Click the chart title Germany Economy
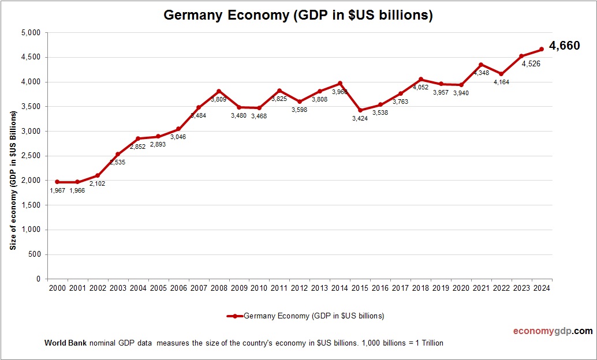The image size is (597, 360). [x=298, y=16]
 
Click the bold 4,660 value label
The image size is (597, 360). [x=564, y=46]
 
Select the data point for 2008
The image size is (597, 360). [x=219, y=91]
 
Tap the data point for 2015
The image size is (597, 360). [x=360, y=110]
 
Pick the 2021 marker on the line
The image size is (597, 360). [x=481, y=65]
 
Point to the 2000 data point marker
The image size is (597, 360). [x=57, y=182]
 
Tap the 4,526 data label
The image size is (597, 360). [x=531, y=64]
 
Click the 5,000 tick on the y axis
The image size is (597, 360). [x=31, y=33]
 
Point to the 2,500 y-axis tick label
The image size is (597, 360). [x=31, y=156]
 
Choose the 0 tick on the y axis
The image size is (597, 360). [x=38, y=279]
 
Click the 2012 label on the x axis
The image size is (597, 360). [x=299, y=288]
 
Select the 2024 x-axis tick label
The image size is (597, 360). [x=542, y=288]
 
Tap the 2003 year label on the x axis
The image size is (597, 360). [x=118, y=288]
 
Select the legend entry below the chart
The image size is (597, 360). [x=305, y=316]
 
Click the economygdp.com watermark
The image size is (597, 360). [x=553, y=331]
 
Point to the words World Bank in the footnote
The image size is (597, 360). [x=65, y=343]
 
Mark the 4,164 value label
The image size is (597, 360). [x=501, y=82]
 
